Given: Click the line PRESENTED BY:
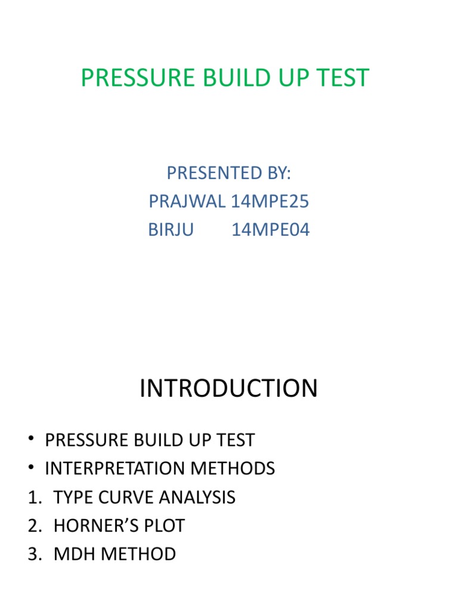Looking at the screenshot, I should coord(228,173).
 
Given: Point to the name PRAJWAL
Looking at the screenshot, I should coord(187,202).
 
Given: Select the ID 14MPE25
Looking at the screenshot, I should coord(270,202).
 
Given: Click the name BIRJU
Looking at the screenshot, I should coord(171,230).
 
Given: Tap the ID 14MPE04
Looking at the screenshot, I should coord(271,230).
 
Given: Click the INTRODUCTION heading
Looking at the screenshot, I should coord(228,389).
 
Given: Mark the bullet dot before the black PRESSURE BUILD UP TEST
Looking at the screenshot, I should coord(31,440).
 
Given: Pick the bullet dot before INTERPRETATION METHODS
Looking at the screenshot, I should coord(31,469).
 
